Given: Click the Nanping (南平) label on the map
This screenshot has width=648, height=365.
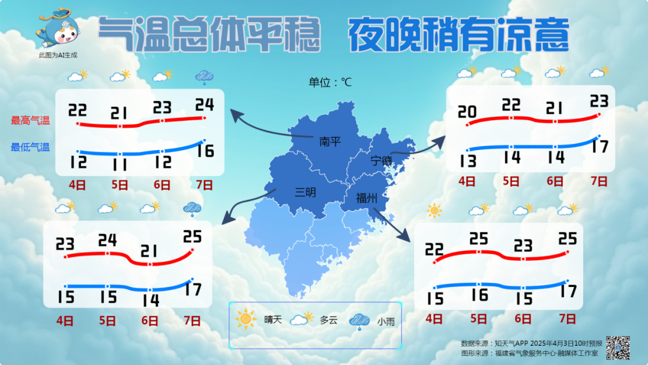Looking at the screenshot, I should pyautogui.click(x=329, y=142).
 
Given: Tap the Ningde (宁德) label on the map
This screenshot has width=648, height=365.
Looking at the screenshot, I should pyautogui.click(x=381, y=160).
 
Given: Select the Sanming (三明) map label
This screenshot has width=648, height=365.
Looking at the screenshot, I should pyautogui.click(x=305, y=192).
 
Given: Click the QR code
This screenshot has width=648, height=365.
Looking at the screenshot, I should pyautogui.click(x=617, y=347).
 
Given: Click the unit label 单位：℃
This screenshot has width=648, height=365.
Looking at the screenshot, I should pyautogui.click(x=330, y=82).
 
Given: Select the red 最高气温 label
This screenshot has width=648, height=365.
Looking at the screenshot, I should pyautogui.click(x=30, y=120).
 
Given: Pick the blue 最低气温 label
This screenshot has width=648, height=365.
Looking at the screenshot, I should pyautogui.click(x=30, y=147).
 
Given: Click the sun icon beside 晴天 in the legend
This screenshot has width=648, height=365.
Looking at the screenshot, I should pyautogui.click(x=246, y=318).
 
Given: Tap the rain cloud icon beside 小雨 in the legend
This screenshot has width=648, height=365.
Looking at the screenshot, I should pyautogui.click(x=359, y=321).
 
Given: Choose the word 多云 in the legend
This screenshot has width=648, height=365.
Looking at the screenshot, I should pyautogui.click(x=329, y=320).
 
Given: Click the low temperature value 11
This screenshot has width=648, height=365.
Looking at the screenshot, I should pyautogui.click(x=119, y=164).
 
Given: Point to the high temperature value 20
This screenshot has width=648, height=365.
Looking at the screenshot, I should pyautogui.click(x=467, y=112).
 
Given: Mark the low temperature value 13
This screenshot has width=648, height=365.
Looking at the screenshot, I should pyautogui.click(x=468, y=161).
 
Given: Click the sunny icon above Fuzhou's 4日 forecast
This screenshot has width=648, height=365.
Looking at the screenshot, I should pyautogui.click(x=434, y=211).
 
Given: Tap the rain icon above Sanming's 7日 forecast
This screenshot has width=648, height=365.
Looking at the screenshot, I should pyautogui.click(x=192, y=208).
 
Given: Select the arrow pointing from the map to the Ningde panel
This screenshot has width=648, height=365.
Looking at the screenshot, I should pyautogui.click(x=420, y=147).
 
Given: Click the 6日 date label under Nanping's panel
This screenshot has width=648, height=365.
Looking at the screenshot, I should pyautogui.click(x=162, y=185).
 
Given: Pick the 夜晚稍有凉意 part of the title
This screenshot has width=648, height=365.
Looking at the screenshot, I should pyautogui.click(x=458, y=35).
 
